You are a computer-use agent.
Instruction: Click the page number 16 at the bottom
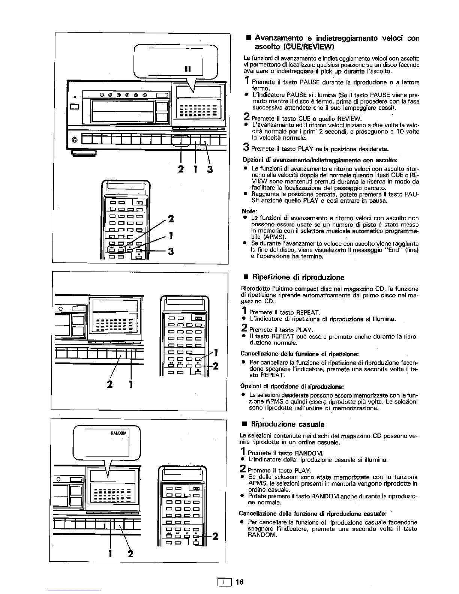point(240,582)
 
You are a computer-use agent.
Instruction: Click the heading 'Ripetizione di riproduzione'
point(298,277)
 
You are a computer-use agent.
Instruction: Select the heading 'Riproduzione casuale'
point(288,424)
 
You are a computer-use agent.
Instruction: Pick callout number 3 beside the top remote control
point(171,252)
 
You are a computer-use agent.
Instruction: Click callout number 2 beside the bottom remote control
point(215,537)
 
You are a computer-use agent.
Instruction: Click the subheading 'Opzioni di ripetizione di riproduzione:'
point(292,387)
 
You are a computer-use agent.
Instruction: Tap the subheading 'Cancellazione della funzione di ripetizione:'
point(300,354)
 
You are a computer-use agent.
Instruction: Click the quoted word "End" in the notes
point(393,250)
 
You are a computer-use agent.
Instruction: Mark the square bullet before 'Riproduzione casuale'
point(245,424)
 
